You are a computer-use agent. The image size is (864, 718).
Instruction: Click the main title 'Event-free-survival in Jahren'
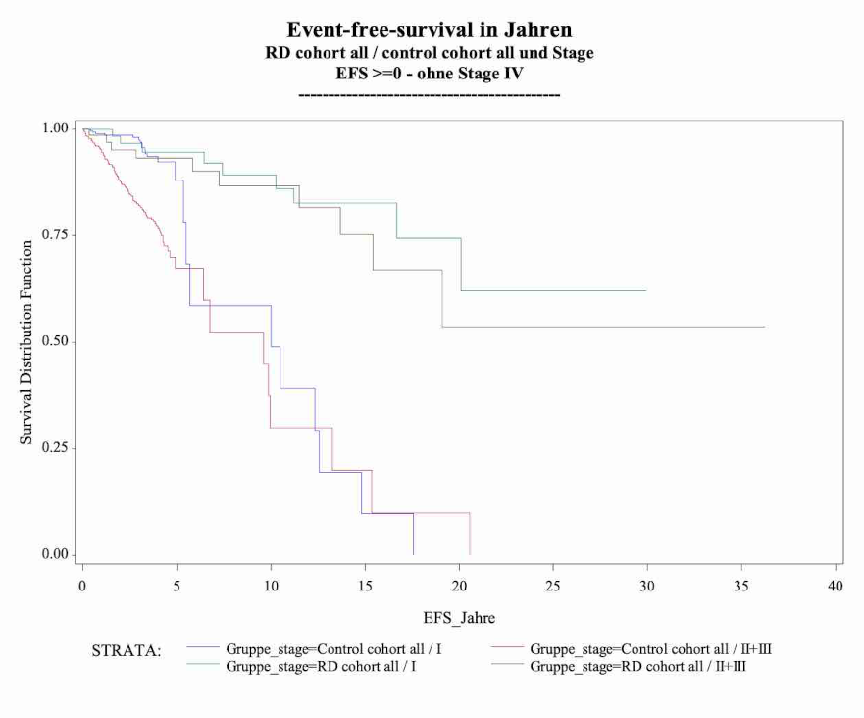pyautogui.click(x=430, y=29)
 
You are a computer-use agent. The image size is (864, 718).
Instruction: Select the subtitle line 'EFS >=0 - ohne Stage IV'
pyautogui.click(x=430, y=73)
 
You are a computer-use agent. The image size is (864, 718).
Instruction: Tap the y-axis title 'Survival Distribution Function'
pyautogui.click(x=25, y=342)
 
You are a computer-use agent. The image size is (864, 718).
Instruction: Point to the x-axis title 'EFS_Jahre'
pyautogui.click(x=459, y=618)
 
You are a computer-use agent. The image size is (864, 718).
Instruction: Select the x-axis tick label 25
pyautogui.click(x=553, y=586)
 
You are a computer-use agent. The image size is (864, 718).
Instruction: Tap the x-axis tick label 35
pyautogui.click(x=741, y=586)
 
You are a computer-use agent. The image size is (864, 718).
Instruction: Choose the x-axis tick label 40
pyautogui.click(x=836, y=586)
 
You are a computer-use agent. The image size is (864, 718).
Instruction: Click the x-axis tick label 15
pyautogui.click(x=365, y=586)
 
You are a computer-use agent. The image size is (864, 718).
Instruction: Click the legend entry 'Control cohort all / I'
pyautogui.click(x=333, y=649)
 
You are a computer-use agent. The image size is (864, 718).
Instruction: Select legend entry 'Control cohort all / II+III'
pyautogui.click(x=650, y=649)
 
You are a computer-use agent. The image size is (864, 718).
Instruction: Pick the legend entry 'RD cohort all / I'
pyautogui.click(x=321, y=666)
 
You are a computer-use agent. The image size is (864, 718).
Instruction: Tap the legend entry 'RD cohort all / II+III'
pyautogui.click(x=637, y=666)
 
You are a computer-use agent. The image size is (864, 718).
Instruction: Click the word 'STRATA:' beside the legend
pyautogui.click(x=127, y=650)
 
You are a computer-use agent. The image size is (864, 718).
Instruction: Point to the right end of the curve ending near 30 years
pyautogui.click(x=646, y=290)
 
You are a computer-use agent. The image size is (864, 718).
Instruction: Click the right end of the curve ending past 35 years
pyautogui.click(x=764, y=327)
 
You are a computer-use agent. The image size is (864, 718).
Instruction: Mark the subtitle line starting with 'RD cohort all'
pyautogui.click(x=430, y=52)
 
